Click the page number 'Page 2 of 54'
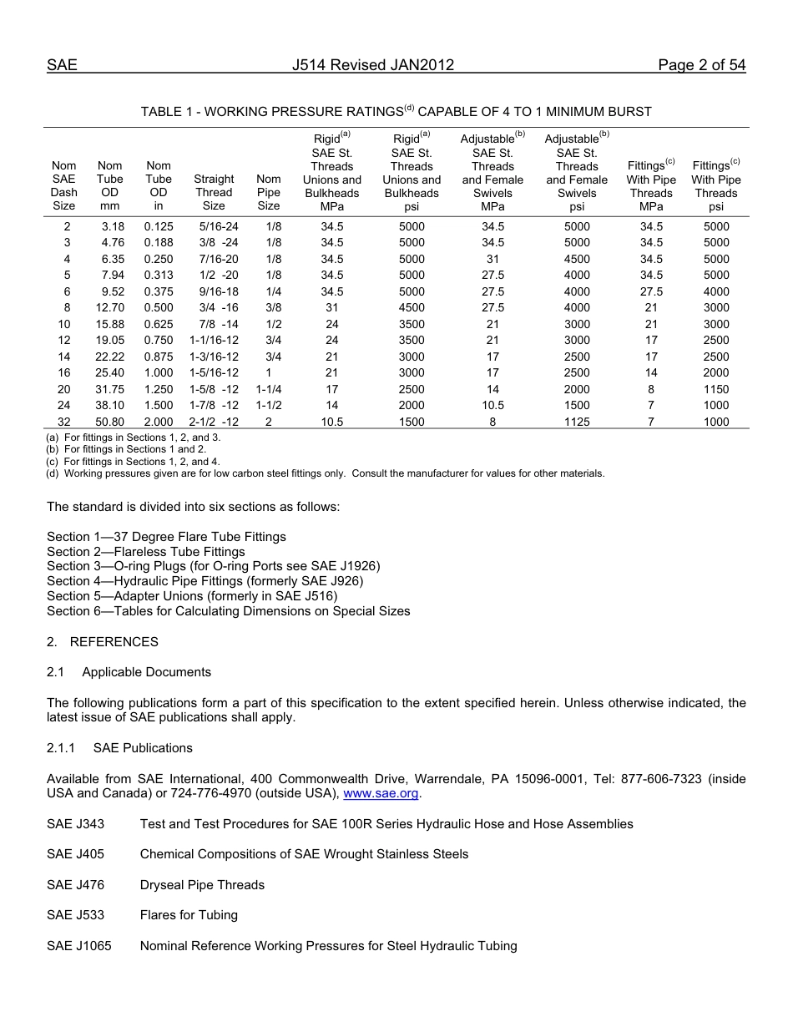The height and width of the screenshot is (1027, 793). click(x=701, y=65)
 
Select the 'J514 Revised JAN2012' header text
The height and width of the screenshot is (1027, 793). click(x=373, y=65)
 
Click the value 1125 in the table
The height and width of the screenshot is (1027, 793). click(x=577, y=422)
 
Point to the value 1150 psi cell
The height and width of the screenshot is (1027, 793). click(x=715, y=389)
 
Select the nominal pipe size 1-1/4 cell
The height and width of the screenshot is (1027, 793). click(x=268, y=389)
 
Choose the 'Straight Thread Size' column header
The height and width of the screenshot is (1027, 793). click(x=214, y=192)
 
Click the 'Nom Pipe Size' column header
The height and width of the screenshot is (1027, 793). click(x=269, y=192)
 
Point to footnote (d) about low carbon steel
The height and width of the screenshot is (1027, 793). click(x=326, y=473)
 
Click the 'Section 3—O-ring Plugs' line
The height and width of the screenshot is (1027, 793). click(x=213, y=566)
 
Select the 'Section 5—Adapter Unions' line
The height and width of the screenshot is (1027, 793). click(x=192, y=595)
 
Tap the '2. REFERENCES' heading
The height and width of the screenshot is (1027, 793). click(x=103, y=642)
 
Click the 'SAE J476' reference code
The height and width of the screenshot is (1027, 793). click(x=76, y=885)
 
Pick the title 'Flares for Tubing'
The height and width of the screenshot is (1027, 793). click(x=189, y=915)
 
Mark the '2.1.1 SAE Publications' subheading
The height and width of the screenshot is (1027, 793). click(x=119, y=748)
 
